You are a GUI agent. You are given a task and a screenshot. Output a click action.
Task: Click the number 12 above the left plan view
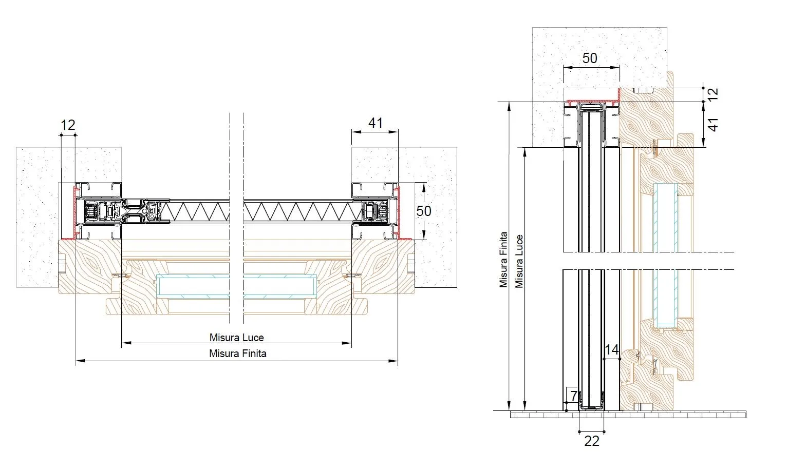pyautogui.click(x=68, y=125)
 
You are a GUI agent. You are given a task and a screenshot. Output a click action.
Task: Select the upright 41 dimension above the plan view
pyautogui.click(x=376, y=123)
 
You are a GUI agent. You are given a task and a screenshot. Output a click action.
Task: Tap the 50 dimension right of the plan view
pyautogui.click(x=424, y=211)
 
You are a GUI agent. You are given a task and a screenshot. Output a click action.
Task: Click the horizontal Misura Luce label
pyautogui.click(x=236, y=338)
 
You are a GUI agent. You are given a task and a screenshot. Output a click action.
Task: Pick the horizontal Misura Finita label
pyautogui.click(x=237, y=353)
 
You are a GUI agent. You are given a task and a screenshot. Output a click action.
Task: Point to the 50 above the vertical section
pyautogui.click(x=590, y=58)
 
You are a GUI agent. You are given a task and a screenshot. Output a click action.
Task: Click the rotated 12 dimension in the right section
pyautogui.click(x=712, y=94)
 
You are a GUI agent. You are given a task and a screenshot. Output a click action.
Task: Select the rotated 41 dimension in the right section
pyautogui.click(x=712, y=125)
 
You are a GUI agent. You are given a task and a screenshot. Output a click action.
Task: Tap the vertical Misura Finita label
pyautogui.click(x=503, y=260)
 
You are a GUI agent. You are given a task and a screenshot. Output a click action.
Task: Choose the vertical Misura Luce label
pyautogui.click(x=519, y=261)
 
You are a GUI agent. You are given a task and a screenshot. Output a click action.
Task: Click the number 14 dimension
pyautogui.click(x=611, y=350)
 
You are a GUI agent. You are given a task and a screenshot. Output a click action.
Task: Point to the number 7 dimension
pyautogui.click(x=574, y=396)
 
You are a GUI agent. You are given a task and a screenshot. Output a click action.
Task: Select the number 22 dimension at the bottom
pyautogui.click(x=591, y=441)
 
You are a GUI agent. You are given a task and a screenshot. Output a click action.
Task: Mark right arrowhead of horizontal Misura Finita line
pyautogui.click(x=393, y=361)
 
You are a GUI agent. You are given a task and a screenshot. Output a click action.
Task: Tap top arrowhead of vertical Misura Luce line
pyautogui.click(x=525, y=152)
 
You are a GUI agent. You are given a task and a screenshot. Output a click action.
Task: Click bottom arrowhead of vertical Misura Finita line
pyautogui.click(x=509, y=406)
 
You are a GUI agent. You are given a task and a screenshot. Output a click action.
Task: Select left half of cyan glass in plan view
pyautogui.click(x=193, y=286)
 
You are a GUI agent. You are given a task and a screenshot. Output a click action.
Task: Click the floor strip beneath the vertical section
pyautogui.click(x=628, y=415)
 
